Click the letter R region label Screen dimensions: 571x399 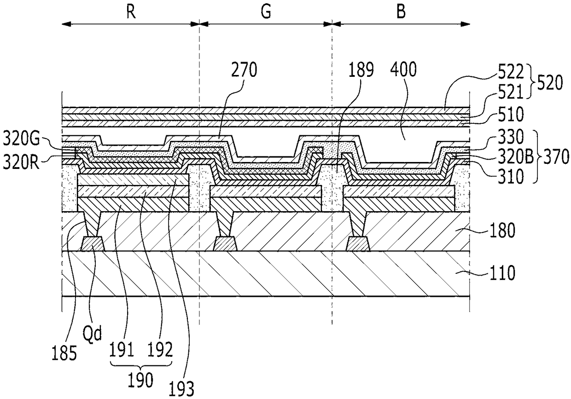tap(131, 12)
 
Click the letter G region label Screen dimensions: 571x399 tap(266, 12)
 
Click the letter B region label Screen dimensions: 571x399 tap(401, 12)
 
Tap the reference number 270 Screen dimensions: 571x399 tap(244, 70)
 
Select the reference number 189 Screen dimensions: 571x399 tap(361, 70)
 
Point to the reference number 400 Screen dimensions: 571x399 tap(403, 69)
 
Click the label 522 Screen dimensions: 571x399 tap(511, 72)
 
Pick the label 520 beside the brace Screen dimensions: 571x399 tap(550, 83)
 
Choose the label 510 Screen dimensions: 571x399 tap(511, 115)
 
